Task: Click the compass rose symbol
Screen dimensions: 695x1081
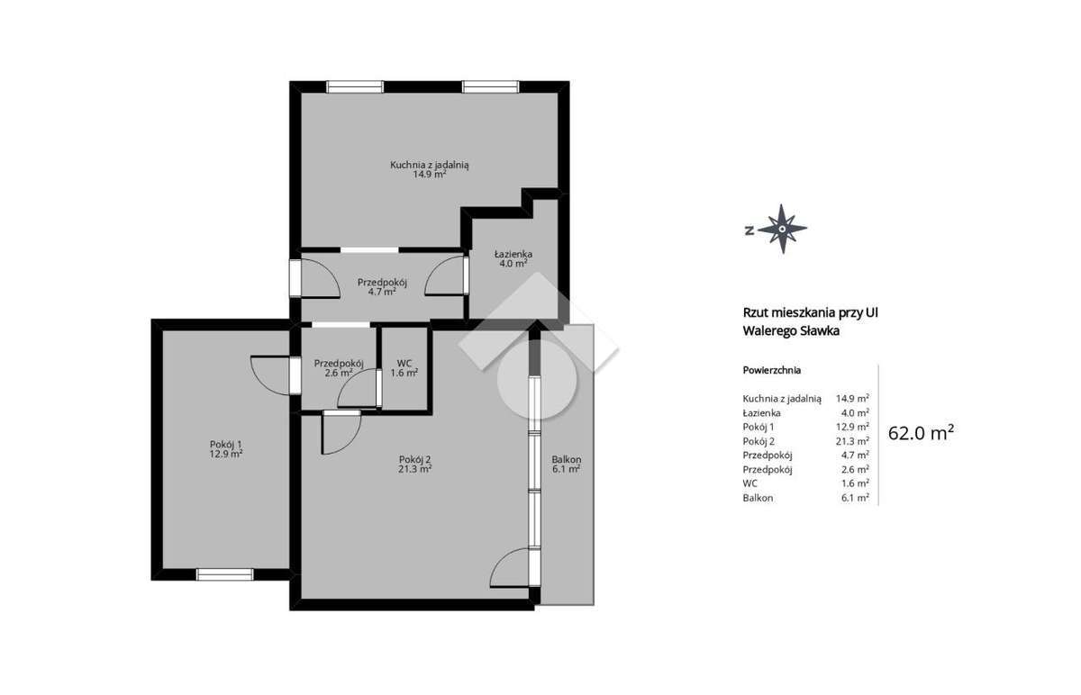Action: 783,229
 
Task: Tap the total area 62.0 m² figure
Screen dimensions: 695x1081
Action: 921,433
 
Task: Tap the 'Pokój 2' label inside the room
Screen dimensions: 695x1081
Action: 415,463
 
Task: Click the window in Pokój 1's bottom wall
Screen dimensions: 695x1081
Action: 224,573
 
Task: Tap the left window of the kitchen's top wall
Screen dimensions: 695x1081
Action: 355,87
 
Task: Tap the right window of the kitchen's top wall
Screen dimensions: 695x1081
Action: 491,87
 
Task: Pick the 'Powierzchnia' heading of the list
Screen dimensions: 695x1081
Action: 772,370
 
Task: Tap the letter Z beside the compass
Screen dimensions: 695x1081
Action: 749,230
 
